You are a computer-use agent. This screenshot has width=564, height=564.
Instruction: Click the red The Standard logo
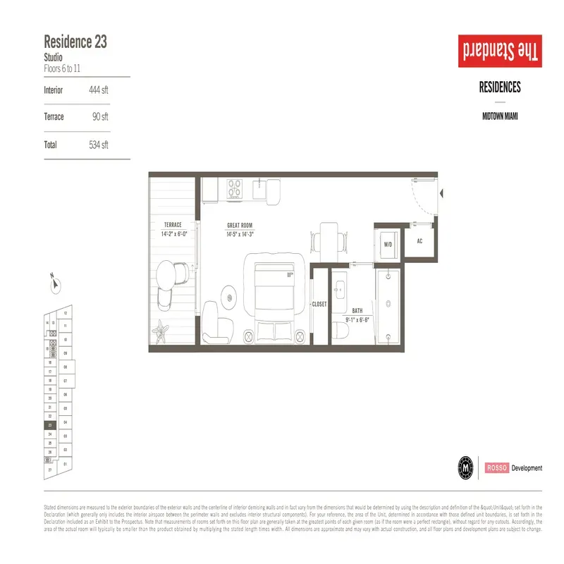tap(500, 51)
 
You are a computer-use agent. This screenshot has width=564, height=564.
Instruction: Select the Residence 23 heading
tap(75, 41)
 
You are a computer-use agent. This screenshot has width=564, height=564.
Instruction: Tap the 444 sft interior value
tap(99, 90)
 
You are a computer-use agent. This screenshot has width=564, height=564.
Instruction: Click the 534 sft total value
tap(99, 145)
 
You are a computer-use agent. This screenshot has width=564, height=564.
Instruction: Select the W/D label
tap(388, 245)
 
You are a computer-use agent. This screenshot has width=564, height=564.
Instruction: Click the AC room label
tap(419, 241)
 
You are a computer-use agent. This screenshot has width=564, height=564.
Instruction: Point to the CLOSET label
tap(319, 305)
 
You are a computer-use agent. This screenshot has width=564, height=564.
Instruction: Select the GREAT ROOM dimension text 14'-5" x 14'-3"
tap(240, 233)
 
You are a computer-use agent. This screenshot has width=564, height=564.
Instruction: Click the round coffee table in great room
tap(229, 295)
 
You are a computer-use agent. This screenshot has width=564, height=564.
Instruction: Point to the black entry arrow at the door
tap(441, 192)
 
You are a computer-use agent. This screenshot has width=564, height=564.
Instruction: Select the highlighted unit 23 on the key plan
tap(50, 426)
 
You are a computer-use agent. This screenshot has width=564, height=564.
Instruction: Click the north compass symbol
tap(56, 284)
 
